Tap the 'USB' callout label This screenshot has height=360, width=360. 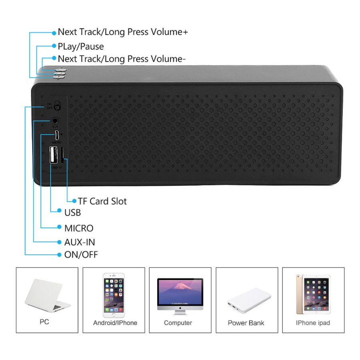pyautogui.click(x=72, y=212)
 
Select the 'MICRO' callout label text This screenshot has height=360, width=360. pyautogui.click(x=79, y=228)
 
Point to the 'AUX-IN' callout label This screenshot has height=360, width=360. pyautogui.click(x=80, y=242)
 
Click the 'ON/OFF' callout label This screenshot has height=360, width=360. pyautogui.click(x=81, y=254)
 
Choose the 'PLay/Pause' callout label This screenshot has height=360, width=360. pyautogui.click(x=80, y=46)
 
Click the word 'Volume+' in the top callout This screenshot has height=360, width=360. pyautogui.click(x=168, y=32)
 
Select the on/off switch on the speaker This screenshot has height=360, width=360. pyautogui.click(x=57, y=107)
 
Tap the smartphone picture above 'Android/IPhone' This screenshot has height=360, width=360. pyautogui.click(x=114, y=295)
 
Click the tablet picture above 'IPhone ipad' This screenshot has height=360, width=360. pyautogui.click(x=313, y=294)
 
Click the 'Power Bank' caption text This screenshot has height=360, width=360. pyautogui.click(x=246, y=323)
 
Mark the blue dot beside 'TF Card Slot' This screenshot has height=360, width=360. pyautogui.click(x=74, y=201)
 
